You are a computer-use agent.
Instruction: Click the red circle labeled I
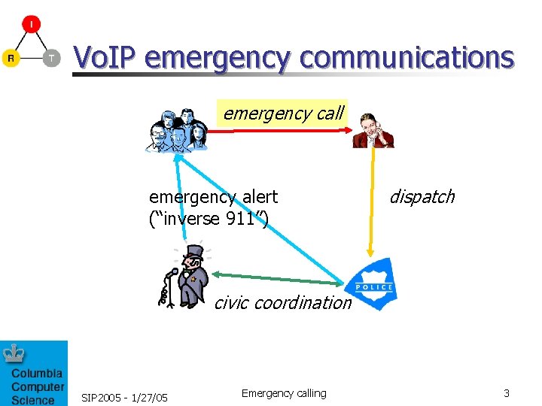click(31, 24)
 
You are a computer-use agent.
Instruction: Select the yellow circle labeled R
click(11, 58)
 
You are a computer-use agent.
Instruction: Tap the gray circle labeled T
click(51, 58)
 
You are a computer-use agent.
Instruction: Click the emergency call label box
click(282, 114)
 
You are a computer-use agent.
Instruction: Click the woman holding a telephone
click(373, 129)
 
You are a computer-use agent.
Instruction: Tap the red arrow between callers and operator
click(279, 132)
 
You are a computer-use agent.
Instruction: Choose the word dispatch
click(422, 197)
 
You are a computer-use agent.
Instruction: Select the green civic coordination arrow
click(276, 278)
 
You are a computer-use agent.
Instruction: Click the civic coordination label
click(282, 303)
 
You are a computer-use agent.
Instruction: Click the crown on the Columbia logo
click(14, 353)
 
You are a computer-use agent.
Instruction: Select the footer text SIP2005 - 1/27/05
click(124, 396)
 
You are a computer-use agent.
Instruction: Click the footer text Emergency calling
click(284, 393)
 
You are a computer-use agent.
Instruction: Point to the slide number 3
click(507, 393)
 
